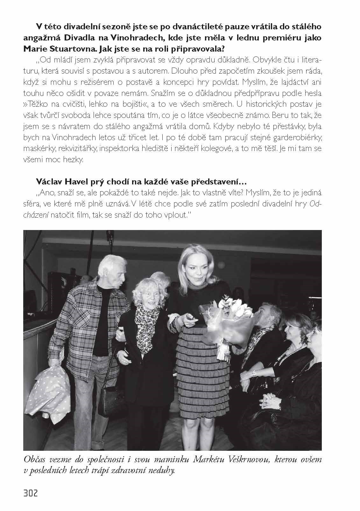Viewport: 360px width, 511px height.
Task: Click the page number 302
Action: point(31,493)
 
